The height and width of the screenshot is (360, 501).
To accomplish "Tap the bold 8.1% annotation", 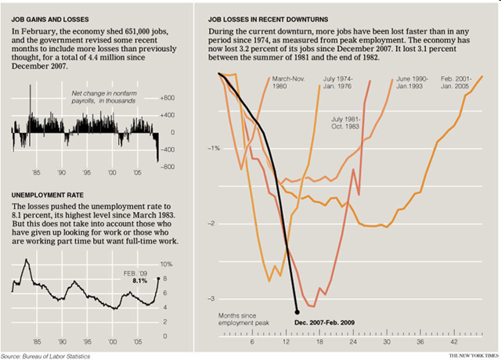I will click(x=142, y=279).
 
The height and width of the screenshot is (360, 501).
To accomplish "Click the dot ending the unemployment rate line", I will click(x=157, y=278).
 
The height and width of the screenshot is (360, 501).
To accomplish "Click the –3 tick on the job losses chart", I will click(x=209, y=299).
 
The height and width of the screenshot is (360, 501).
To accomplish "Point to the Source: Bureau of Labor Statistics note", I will click(x=45, y=355).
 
